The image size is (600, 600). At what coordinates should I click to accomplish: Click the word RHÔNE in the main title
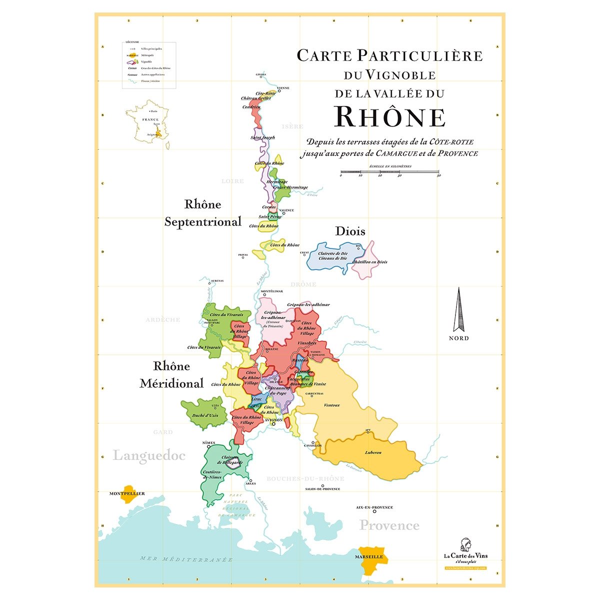389,117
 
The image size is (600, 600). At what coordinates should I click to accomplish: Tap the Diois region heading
350,231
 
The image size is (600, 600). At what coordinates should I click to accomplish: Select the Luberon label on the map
373,452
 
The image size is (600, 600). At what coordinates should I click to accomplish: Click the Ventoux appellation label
332,405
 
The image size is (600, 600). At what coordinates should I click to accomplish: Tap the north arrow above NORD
458,310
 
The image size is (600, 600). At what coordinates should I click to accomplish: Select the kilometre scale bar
389,173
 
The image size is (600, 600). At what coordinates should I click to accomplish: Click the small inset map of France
149,124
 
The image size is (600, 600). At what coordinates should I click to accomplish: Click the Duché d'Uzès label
205,415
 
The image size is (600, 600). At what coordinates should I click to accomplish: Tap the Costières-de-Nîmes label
212,474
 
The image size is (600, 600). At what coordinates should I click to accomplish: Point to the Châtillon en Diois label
369,262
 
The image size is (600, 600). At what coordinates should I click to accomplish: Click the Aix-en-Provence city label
374,507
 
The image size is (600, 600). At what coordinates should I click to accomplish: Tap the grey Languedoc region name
149,455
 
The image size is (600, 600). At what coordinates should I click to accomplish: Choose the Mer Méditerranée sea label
186,559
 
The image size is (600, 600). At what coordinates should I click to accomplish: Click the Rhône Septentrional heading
202,213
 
